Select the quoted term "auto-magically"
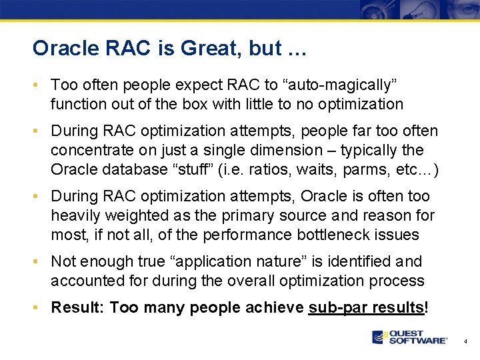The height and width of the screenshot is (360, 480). [341, 85]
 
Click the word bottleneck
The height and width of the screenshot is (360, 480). [344, 235]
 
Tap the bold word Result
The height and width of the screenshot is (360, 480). [77, 307]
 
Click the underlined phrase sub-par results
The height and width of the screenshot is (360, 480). [367, 307]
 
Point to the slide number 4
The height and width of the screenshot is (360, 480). [466, 341]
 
